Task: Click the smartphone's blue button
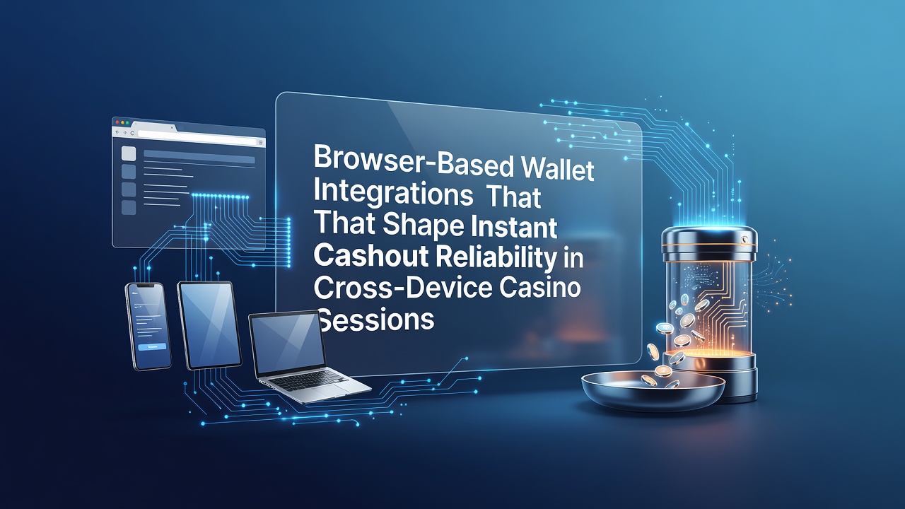152,346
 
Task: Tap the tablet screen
209,324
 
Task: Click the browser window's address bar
197,136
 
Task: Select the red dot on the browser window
117,122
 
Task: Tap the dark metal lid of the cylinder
709,242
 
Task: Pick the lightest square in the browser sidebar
129,153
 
